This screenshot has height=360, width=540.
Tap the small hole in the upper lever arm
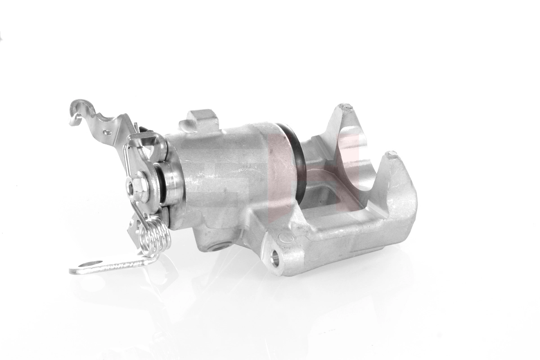(x=107, y=132)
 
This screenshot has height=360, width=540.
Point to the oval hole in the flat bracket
(x=91, y=264)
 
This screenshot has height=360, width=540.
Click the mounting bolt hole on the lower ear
(x=275, y=258)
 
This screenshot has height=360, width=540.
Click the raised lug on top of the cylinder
(x=201, y=119)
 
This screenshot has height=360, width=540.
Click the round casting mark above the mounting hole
(x=284, y=238)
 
